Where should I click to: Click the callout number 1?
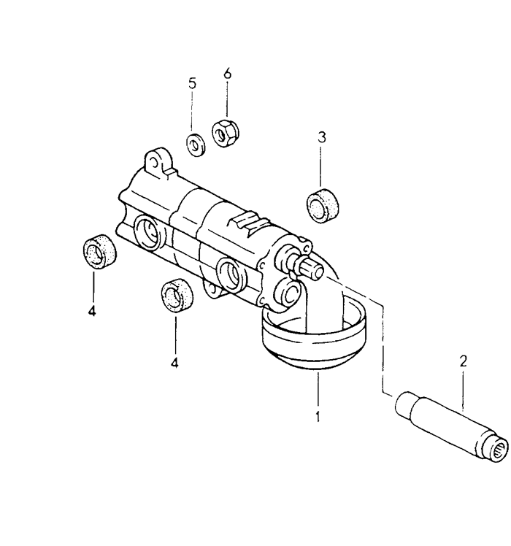(x=318, y=417)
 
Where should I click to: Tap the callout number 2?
(x=463, y=361)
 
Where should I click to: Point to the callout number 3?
(x=322, y=136)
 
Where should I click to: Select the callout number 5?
(x=192, y=83)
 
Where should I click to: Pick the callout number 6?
(x=227, y=74)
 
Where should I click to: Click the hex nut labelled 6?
(x=225, y=133)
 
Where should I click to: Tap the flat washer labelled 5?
(x=196, y=145)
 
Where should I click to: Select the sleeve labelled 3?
(x=323, y=205)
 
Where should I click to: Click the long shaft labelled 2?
(x=452, y=427)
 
